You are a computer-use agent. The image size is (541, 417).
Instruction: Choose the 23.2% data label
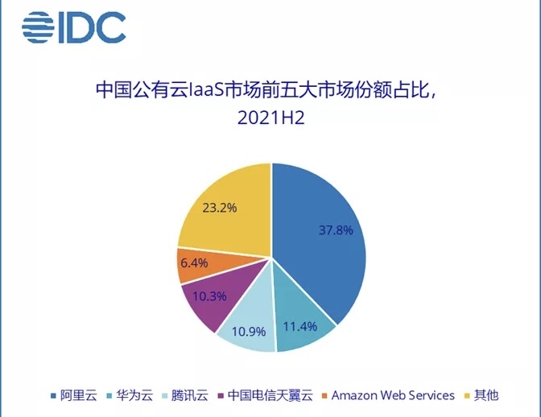click(218, 208)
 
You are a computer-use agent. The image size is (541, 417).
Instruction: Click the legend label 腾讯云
click(191, 395)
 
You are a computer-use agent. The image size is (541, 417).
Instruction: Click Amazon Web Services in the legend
click(393, 395)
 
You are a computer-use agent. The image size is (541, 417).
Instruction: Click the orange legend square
click(324, 396)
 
